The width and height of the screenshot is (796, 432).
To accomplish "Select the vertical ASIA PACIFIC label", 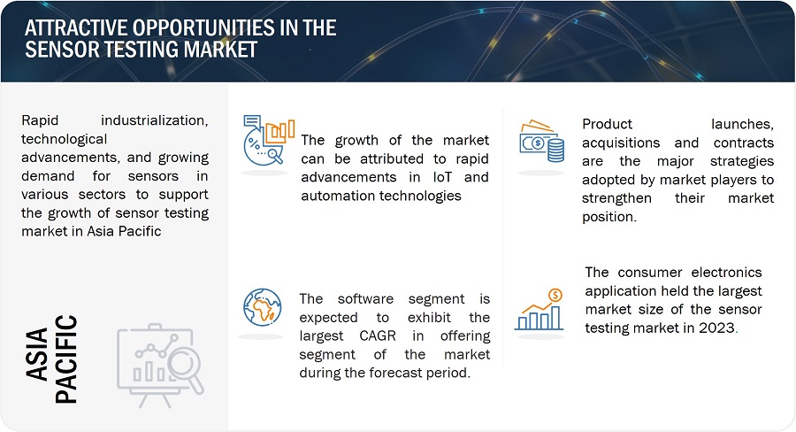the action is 52,359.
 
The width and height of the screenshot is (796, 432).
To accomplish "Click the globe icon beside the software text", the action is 262,307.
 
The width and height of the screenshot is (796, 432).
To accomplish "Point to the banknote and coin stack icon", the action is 541,142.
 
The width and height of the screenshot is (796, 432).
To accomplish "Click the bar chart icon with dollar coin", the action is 540,310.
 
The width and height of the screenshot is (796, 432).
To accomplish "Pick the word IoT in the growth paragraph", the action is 442,177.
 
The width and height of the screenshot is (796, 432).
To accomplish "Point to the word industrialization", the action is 154,120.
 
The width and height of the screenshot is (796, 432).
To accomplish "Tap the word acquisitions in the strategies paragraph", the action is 621,143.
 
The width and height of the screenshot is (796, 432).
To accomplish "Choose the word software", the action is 365,299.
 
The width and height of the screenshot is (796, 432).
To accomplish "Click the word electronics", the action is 726,273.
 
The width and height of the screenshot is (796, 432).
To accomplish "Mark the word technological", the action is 64,139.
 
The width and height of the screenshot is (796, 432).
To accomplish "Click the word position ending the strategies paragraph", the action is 608,217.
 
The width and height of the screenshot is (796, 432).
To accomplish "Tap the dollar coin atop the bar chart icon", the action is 555,295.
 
